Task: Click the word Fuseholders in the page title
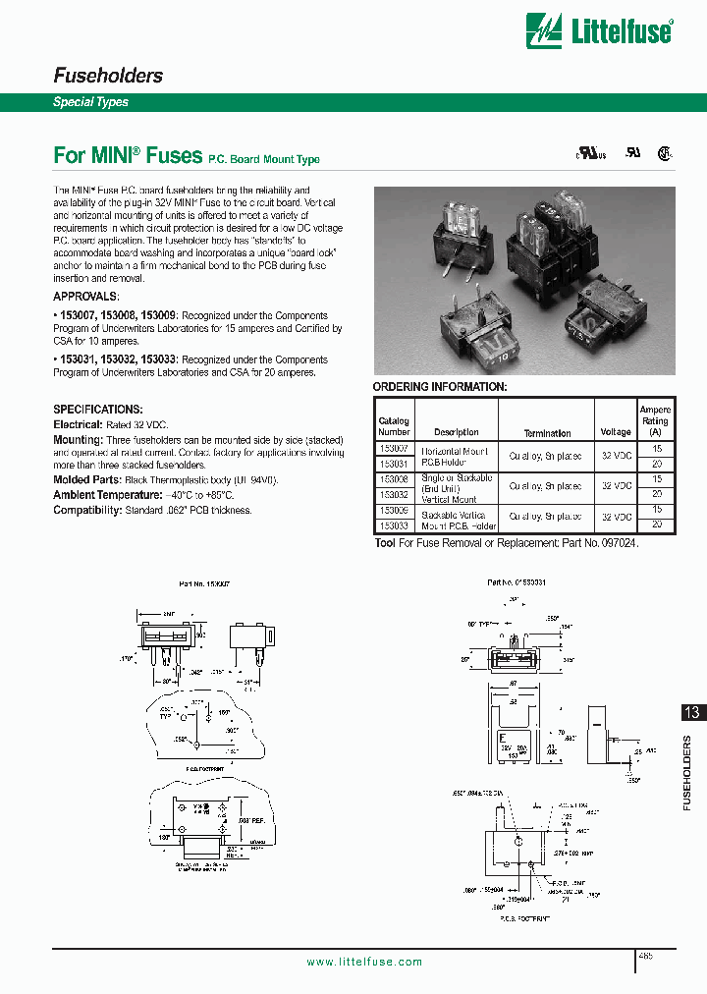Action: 107,76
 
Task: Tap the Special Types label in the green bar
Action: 90,102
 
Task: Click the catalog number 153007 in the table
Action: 394,448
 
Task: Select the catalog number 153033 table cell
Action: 394,525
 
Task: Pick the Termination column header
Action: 547,433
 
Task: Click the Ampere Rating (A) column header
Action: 655,420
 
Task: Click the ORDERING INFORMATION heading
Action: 440,387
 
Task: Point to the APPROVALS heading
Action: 86,296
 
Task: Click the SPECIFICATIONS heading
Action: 97,409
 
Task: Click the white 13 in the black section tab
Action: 691,713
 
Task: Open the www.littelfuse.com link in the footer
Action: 364,962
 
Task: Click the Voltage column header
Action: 616,432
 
